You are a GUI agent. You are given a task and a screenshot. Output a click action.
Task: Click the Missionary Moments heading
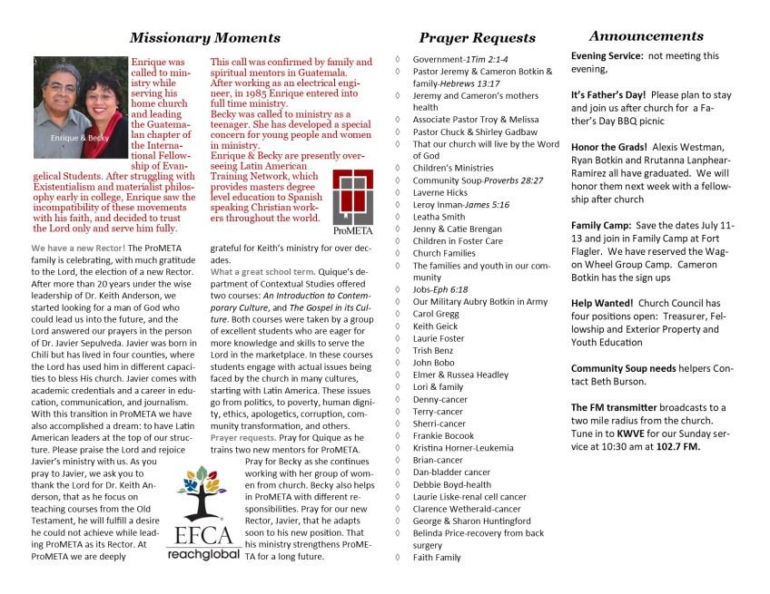click(204, 38)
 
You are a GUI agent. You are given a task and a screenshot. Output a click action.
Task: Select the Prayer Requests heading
click(477, 38)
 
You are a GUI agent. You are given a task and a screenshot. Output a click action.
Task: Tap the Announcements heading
click(646, 36)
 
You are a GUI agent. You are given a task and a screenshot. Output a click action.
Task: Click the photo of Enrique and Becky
click(79, 107)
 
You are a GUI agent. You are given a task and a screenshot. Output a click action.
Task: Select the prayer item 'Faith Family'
click(437, 558)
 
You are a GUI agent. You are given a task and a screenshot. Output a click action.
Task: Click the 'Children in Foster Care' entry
click(458, 241)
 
